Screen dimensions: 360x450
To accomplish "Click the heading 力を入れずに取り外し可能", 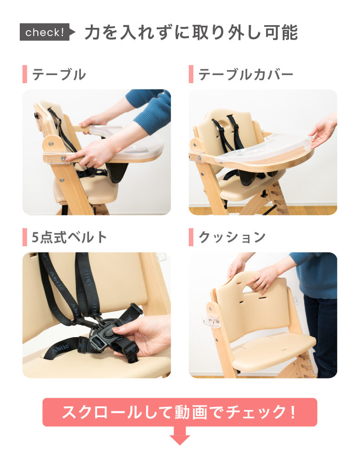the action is coord(191,32).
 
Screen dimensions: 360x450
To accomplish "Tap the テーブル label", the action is coord(59,74).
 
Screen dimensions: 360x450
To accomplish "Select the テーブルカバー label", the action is coord(246,74).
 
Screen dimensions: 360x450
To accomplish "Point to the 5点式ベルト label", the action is coord(69,237).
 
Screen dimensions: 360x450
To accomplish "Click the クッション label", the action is coord(232,237).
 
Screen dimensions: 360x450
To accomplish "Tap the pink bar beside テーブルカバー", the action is coord(191,74).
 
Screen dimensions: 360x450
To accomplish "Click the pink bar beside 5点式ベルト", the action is coord(25,237).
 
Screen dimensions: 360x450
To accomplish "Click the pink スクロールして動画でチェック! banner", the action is coord(180,412).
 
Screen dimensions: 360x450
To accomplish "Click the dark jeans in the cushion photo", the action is coord(321,336).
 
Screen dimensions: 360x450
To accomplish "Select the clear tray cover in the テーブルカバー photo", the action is coord(264,147).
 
